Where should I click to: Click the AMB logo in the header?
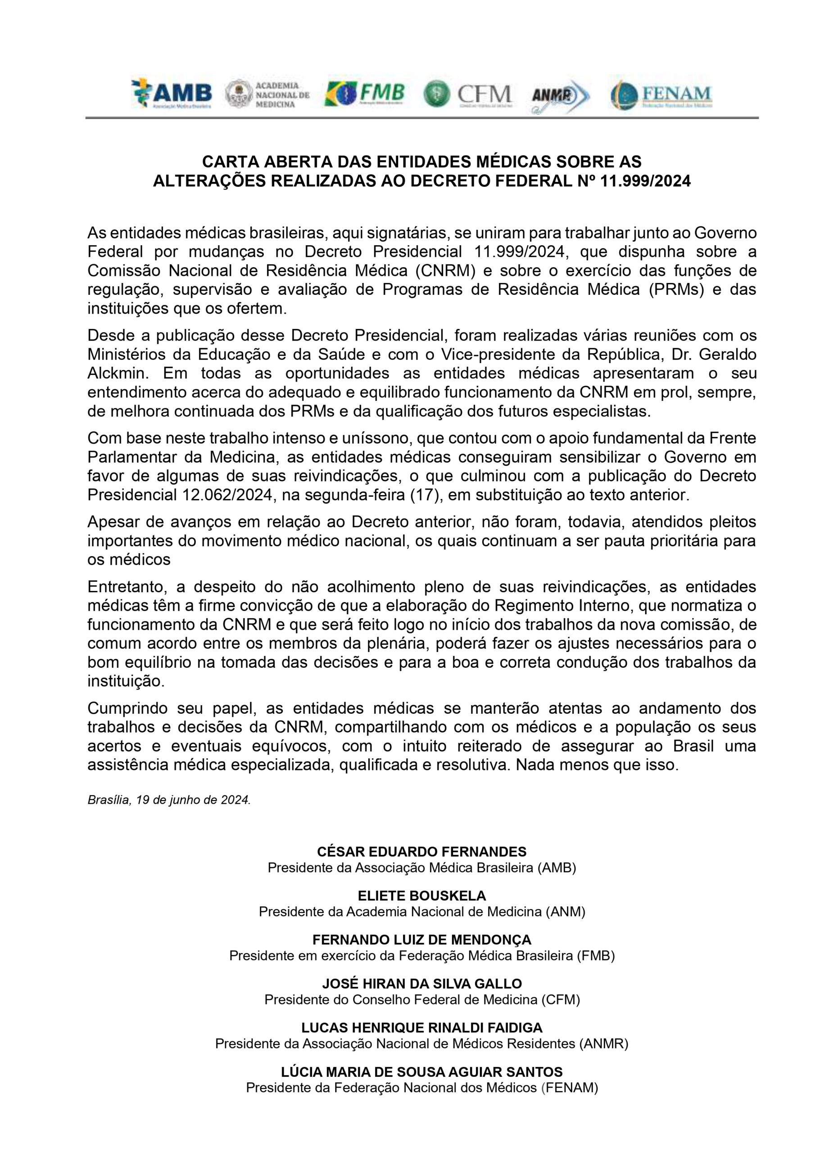[x=171, y=94]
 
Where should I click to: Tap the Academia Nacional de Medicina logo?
[x=267, y=94]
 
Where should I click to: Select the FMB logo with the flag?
[x=365, y=94]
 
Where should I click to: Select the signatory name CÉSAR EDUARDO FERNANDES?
[x=422, y=852]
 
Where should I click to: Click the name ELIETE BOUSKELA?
[x=422, y=896]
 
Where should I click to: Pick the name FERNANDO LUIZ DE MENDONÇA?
[x=422, y=940]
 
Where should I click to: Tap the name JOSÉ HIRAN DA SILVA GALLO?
[x=422, y=984]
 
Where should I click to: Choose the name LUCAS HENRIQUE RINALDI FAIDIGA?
[x=422, y=1028]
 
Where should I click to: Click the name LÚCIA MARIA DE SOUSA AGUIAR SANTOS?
[x=422, y=1072]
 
